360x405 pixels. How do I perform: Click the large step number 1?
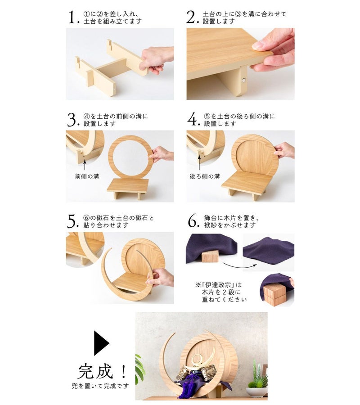coord(72,17)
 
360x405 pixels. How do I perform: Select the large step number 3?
coord(72,120)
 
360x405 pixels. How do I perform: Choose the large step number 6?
coord(193,221)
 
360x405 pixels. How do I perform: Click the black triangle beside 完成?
coord(101,343)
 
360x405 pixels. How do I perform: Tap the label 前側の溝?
coord(87,177)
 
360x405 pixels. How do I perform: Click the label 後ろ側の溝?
coord(205,177)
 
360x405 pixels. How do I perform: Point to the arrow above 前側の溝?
coord(85,165)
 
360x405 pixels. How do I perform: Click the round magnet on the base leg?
coord(243,81)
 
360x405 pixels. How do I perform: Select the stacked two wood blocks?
coord(274,296)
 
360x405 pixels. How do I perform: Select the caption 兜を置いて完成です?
coord(100,386)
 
